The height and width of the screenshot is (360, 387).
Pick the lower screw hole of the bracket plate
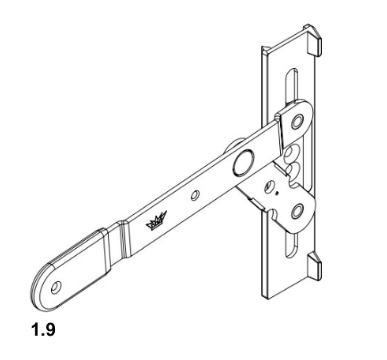296,207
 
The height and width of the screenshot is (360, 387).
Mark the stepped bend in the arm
121,235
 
